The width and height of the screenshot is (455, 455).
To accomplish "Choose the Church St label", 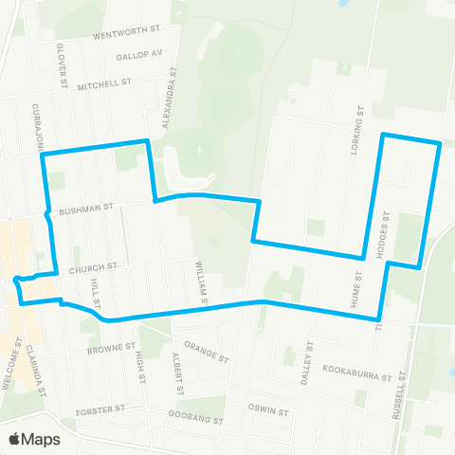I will (99, 267).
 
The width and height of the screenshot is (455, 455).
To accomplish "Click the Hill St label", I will (95, 293).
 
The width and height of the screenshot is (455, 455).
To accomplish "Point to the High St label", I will (139, 362).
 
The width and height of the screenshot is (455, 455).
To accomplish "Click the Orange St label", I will (207, 353).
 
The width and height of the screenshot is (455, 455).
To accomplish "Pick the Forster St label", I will (101, 410).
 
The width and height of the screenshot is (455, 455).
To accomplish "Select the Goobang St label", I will (195, 419).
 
